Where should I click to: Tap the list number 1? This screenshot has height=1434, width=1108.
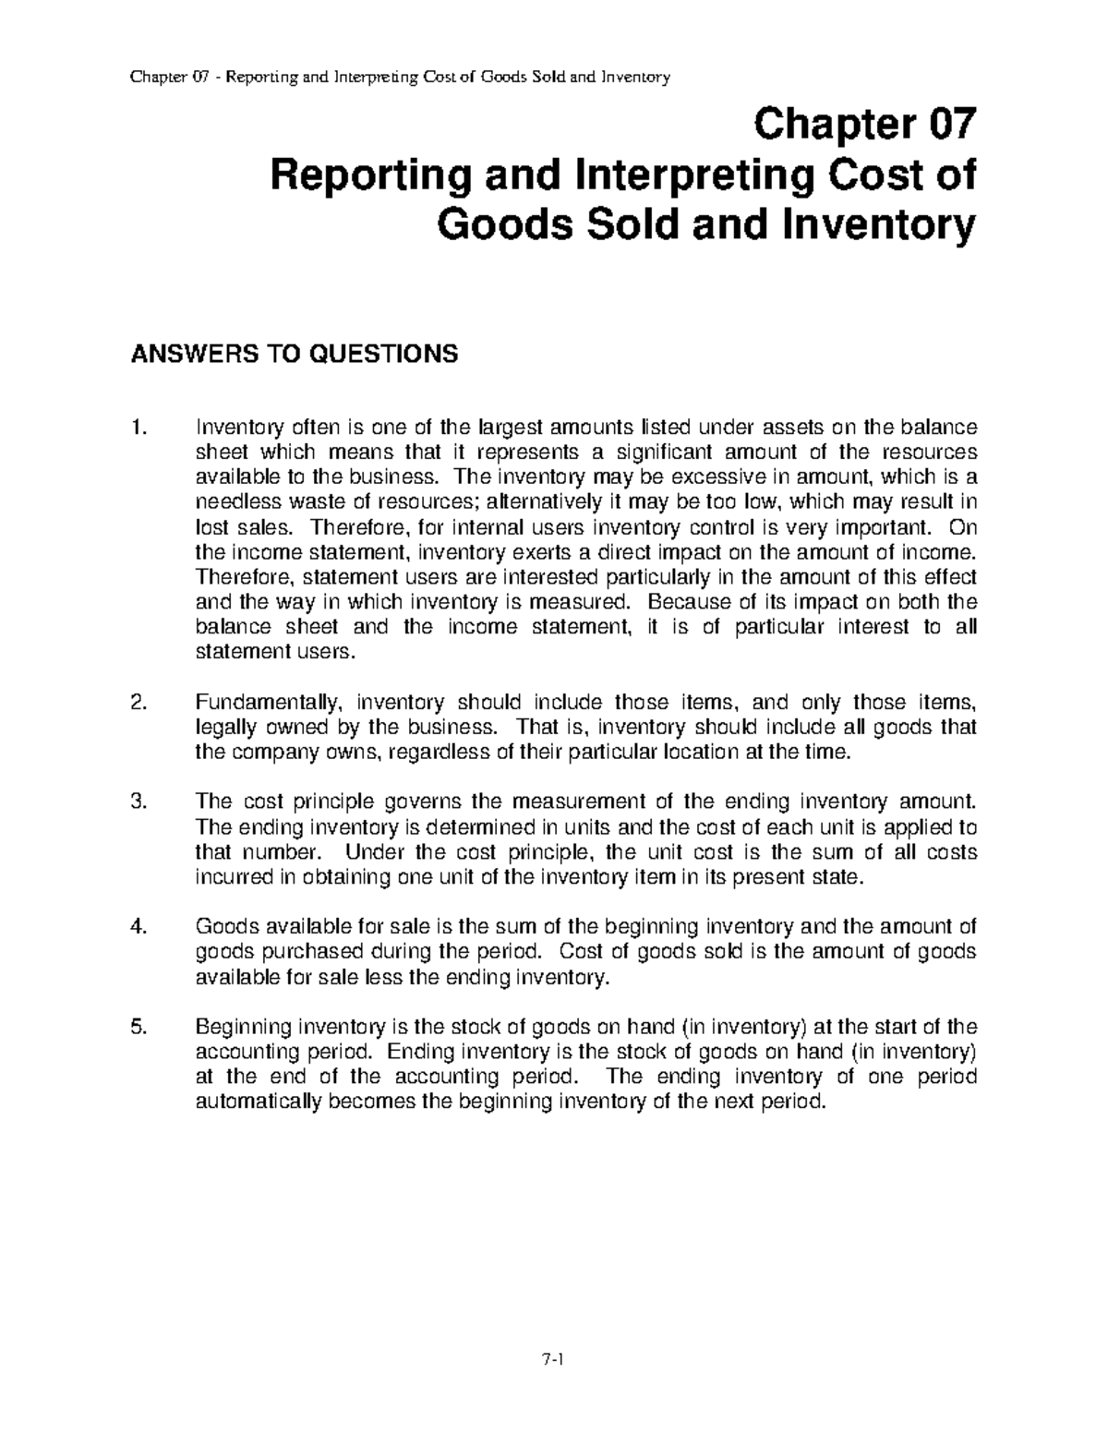[x=138, y=427]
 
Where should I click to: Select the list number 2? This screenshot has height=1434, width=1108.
[x=138, y=702]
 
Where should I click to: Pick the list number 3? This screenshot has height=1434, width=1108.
[x=138, y=801]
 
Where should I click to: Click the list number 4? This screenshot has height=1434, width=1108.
[x=138, y=927]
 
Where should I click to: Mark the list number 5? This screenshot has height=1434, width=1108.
[x=138, y=1027]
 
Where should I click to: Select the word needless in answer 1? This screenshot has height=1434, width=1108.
[x=231, y=501]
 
